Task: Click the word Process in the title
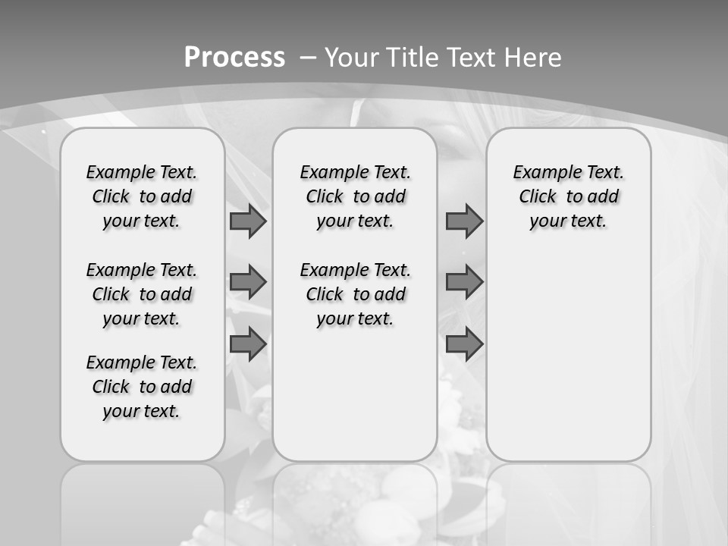click(234, 58)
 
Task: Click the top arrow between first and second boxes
click(248, 221)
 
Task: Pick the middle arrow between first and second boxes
click(248, 282)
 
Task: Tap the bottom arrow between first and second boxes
click(248, 344)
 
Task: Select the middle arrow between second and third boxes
click(464, 282)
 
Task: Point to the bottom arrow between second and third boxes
click(464, 344)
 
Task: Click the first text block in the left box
click(142, 196)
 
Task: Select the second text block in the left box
click(142, 294)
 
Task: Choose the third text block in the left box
click(142, 387)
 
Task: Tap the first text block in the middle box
click(355, 196)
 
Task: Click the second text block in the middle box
click(355, 294)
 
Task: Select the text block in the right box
click(568, 196)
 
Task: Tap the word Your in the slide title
click(352, 58)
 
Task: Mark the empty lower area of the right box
click(568, 356)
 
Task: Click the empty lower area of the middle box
click(355, 394)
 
